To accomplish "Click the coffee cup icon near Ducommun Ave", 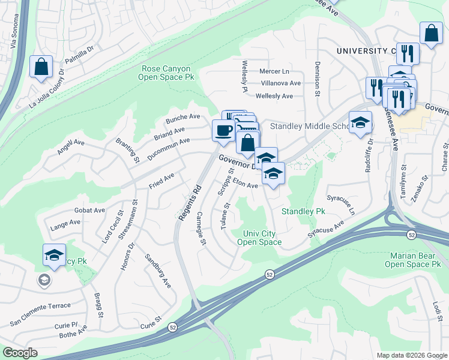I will pos(224,131).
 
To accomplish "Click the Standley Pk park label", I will pos(303,211).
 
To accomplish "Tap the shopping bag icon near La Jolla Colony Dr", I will pos(41,67).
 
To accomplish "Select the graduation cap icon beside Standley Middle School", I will pos(360,122).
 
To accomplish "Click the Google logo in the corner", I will pos(20,353).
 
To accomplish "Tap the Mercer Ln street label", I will pos(274,71).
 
